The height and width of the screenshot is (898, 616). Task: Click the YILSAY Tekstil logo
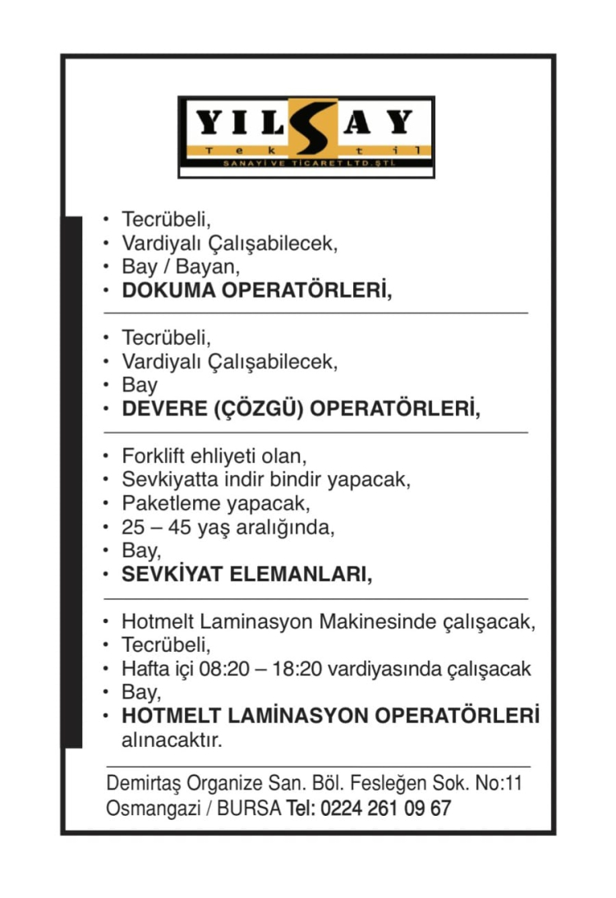[x=306, y=136]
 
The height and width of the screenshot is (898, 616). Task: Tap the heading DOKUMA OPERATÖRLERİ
[x=256, y=291]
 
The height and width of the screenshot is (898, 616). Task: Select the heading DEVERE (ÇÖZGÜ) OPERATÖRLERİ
[x=301, y=409]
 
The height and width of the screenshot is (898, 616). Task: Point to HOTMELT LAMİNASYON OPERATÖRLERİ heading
[x=331, y=716]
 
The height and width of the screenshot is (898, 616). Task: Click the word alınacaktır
[x=172, y=740]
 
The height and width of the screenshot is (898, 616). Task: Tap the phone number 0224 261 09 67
[x=386, y=808]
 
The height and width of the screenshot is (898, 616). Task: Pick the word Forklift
[x=150, y=455]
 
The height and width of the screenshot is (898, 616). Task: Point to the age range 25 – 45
[x=157, y=527]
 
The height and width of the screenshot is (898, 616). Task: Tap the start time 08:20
[x=225, y=668]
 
